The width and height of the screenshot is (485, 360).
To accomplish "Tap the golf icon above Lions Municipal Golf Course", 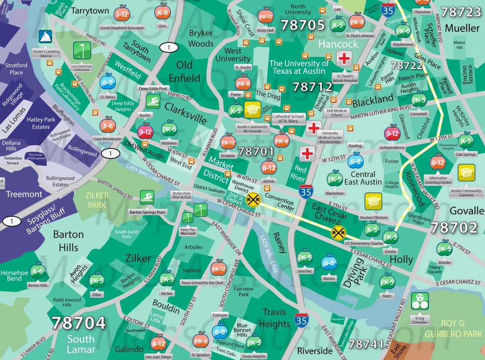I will [82, 51].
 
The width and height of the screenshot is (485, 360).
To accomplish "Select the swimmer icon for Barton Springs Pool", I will [147, 198].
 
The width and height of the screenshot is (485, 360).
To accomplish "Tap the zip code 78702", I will [453, 228].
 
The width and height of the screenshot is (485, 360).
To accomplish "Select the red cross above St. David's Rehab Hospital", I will [344, 59].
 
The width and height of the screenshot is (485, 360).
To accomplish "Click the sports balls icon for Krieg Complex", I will [419, 301].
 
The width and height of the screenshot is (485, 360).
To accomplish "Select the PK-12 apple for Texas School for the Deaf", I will [219, 268].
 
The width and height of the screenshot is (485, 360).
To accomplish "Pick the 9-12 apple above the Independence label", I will [392, 133].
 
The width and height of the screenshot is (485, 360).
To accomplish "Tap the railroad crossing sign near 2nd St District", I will [253, 199].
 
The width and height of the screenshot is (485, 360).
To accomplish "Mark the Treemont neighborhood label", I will [24, 194].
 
